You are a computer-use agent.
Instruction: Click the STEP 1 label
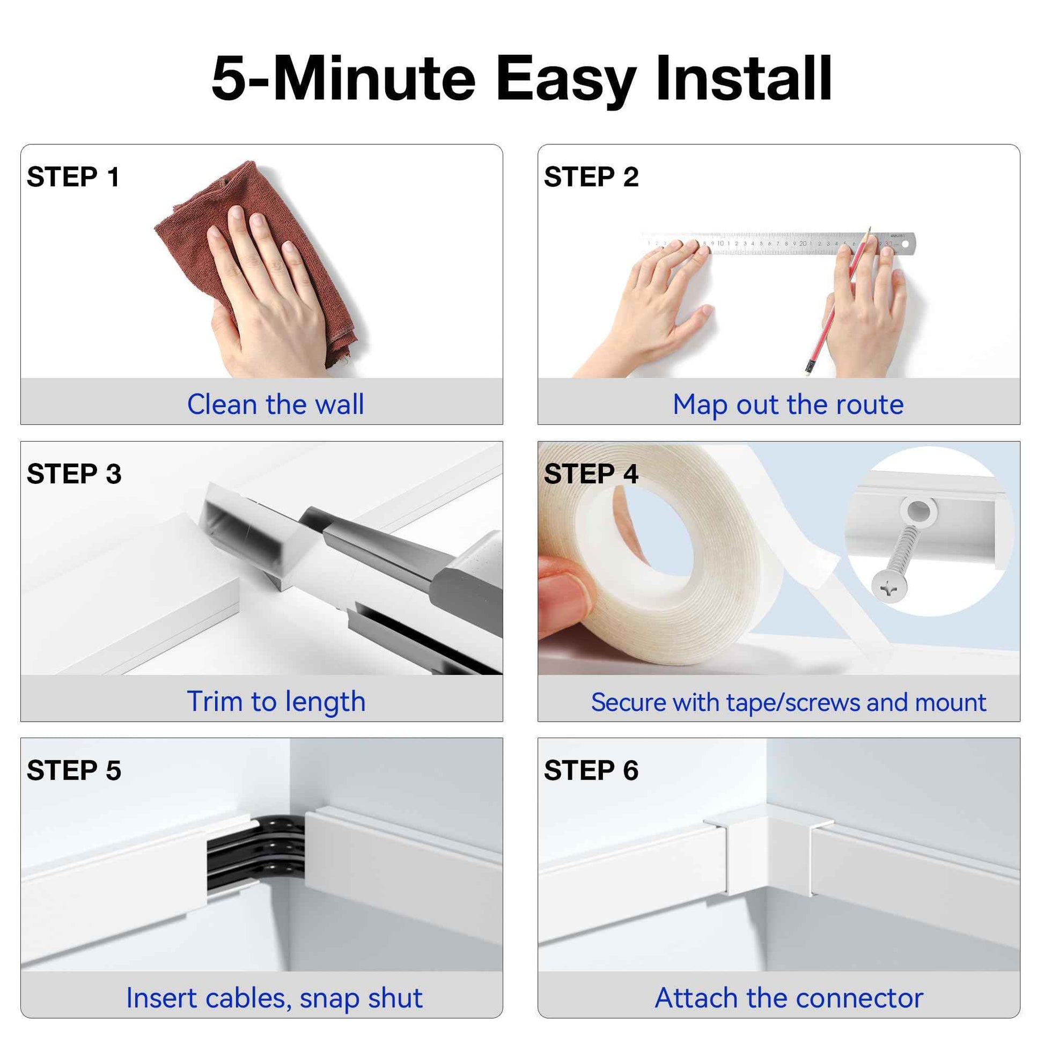coord(73,177)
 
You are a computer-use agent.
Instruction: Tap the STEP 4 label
coord(591,474)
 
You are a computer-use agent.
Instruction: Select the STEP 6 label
coord(591,770)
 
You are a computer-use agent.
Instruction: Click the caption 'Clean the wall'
coord(275,404)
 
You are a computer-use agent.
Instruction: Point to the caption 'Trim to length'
coord(276,701)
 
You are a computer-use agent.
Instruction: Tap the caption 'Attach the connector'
coord(789,997)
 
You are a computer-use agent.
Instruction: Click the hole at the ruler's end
coord(905,245)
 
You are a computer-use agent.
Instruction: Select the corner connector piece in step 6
coord(767,848)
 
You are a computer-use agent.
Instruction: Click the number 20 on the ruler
coord(803,244)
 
